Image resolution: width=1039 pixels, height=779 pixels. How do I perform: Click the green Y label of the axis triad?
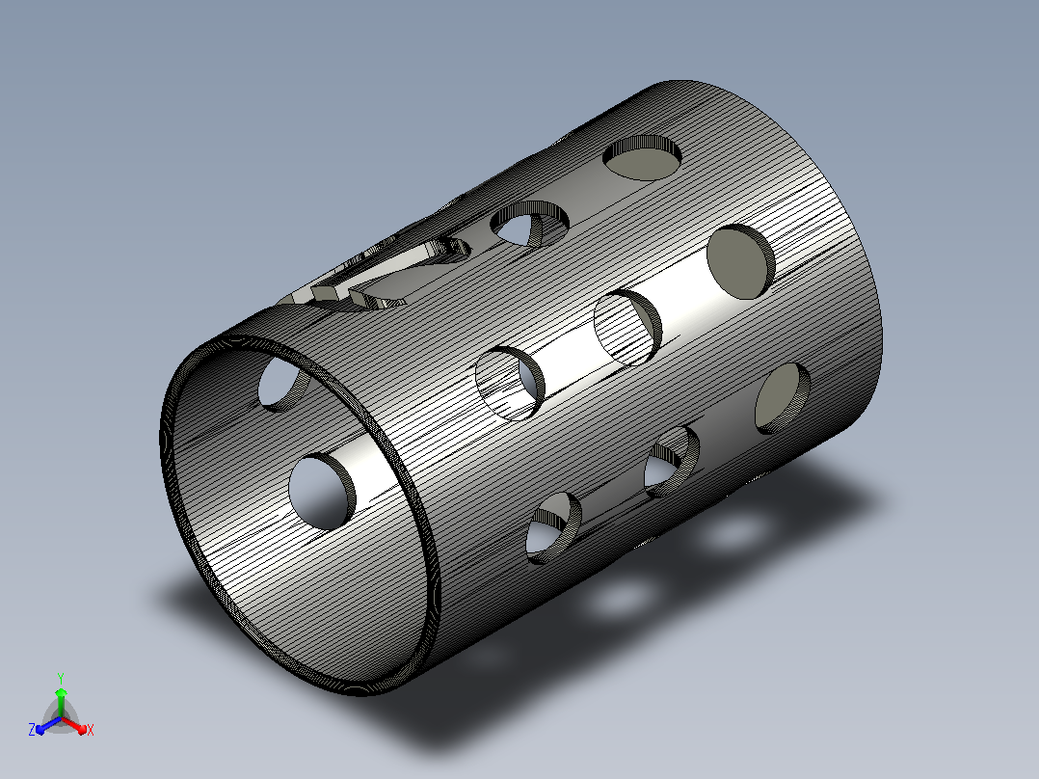tap(61, 678)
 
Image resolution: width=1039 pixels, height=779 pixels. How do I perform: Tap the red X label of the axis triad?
tap(91, 730)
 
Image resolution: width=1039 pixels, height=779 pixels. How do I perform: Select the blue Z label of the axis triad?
tap(31, 730)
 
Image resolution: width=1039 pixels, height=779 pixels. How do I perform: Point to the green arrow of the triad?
tap(61, 702)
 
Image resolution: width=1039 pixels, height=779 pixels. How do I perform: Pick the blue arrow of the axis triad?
tap(48, 725)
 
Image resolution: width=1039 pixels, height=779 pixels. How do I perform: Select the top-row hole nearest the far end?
tap(642, 158)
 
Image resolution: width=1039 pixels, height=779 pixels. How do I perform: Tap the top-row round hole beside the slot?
tap(529, 224)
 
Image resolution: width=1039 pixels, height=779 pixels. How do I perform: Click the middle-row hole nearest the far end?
tap(741, 261)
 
